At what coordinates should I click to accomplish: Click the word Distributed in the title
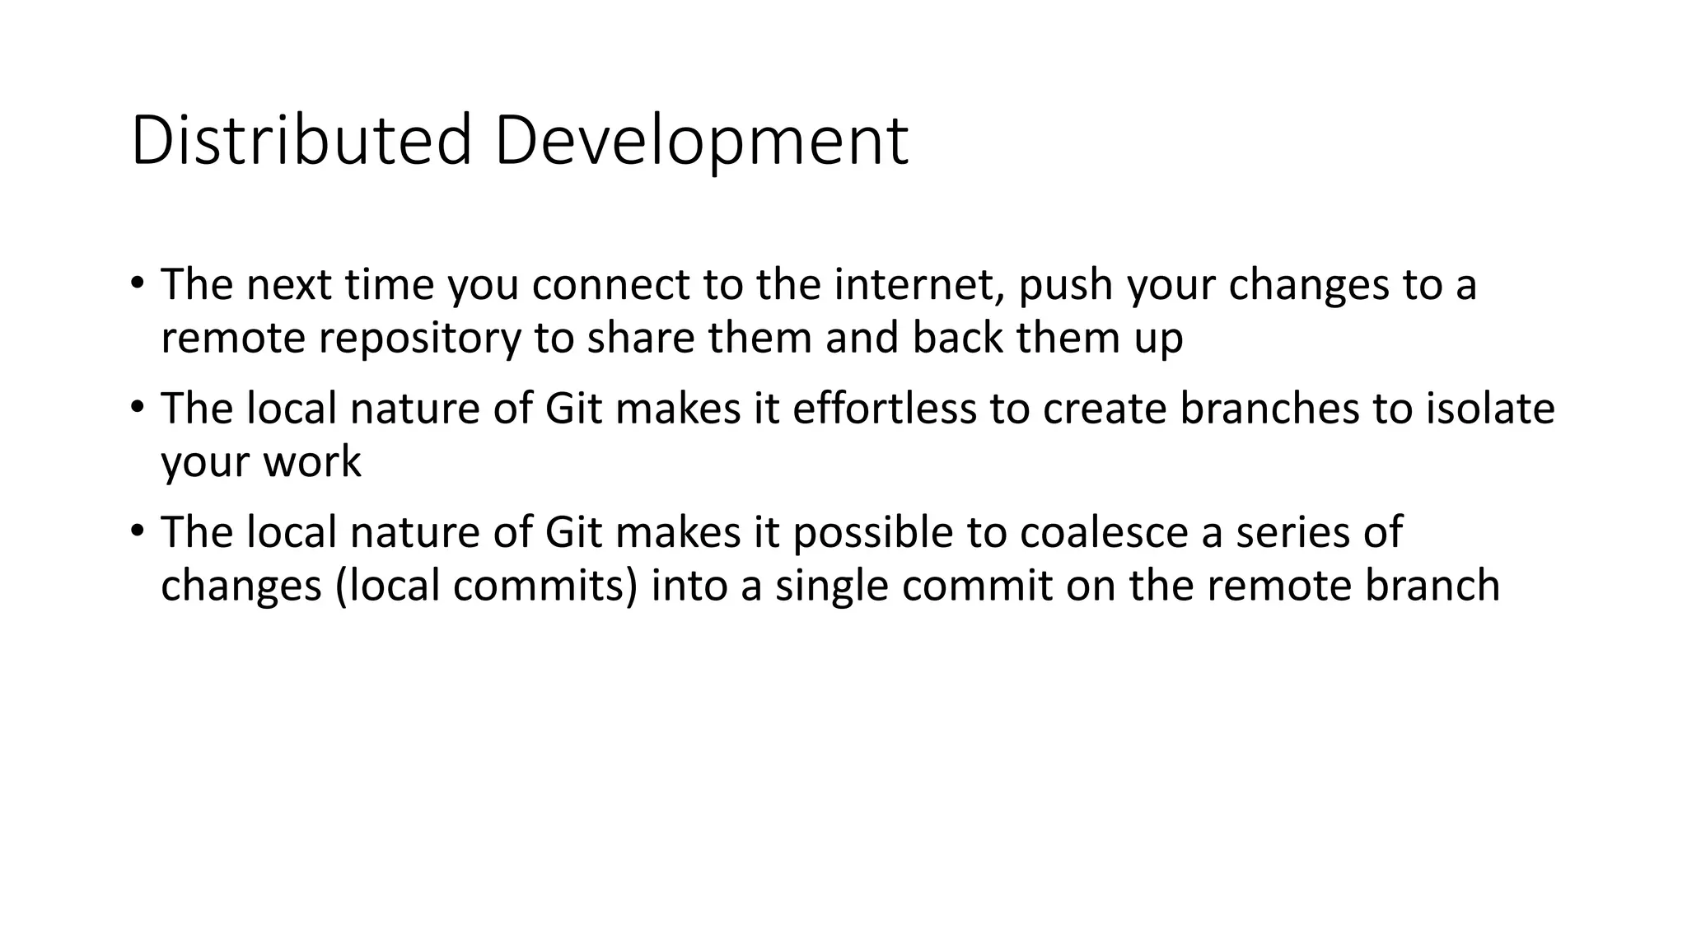click(x=301, y=141)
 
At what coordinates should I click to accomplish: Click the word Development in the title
click(x=701, y=141)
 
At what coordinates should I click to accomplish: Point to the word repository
click(x=420, y=338)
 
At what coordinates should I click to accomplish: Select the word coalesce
click(x=1104, y=532)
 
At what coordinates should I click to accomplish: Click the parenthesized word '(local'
click(x=387, y=586)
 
